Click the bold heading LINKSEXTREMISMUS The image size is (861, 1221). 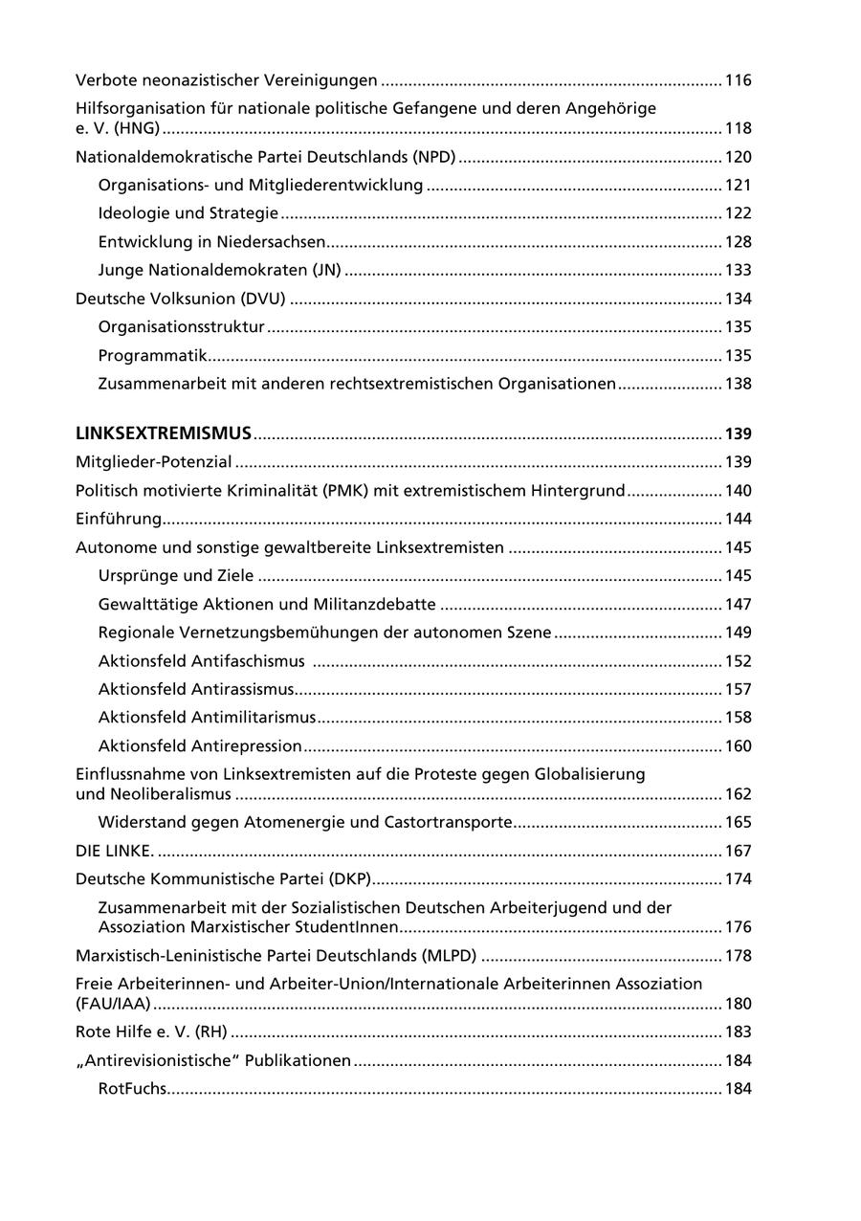coord(164,433)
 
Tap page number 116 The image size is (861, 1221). coord(738,80)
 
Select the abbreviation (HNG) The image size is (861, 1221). coord(134,128)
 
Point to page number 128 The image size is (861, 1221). coord(738,242)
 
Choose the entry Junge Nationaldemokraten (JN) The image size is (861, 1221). coord(219,270)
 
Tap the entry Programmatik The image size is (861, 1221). coord(153,356)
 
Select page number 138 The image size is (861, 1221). coord(738,384)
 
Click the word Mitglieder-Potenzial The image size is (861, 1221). coord(154,462)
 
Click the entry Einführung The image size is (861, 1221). coord(119,519)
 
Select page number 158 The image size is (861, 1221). coord(738,718)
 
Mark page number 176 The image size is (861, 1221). coord(738,927)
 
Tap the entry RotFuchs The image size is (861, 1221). coord(132,1089)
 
